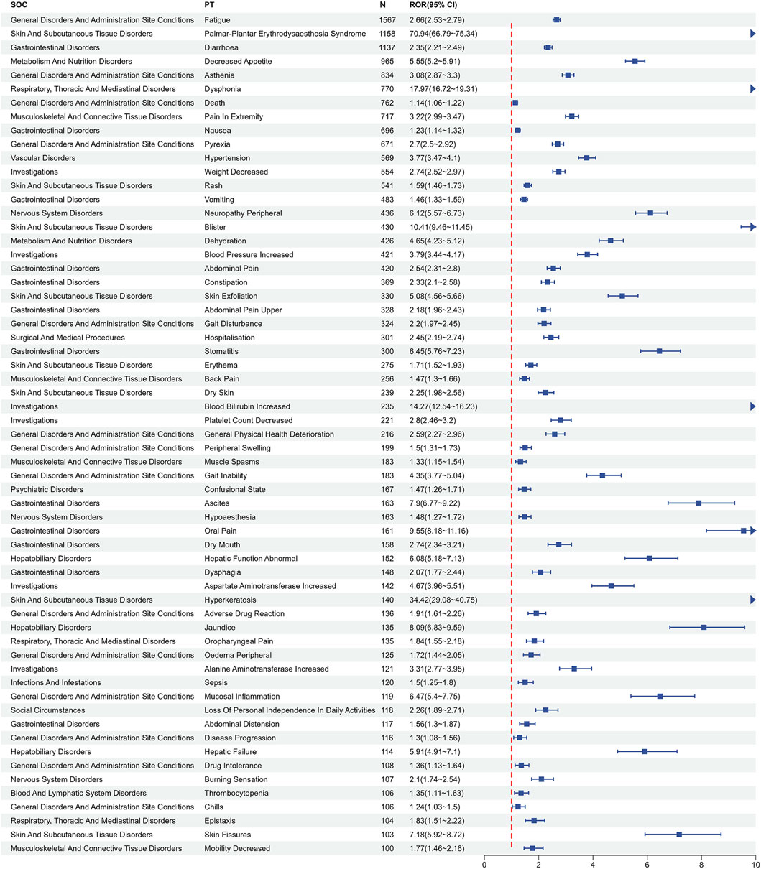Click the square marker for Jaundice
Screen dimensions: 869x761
tap(704, 627)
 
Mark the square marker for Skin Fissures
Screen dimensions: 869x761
tap(679, 835)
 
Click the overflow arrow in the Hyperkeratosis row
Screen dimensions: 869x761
tap(753, 600)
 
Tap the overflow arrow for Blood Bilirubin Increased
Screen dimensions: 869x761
tap(753, 406)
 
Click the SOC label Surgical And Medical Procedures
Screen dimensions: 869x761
tap(68, 338)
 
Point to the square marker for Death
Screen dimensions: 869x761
tap(515, 103)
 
